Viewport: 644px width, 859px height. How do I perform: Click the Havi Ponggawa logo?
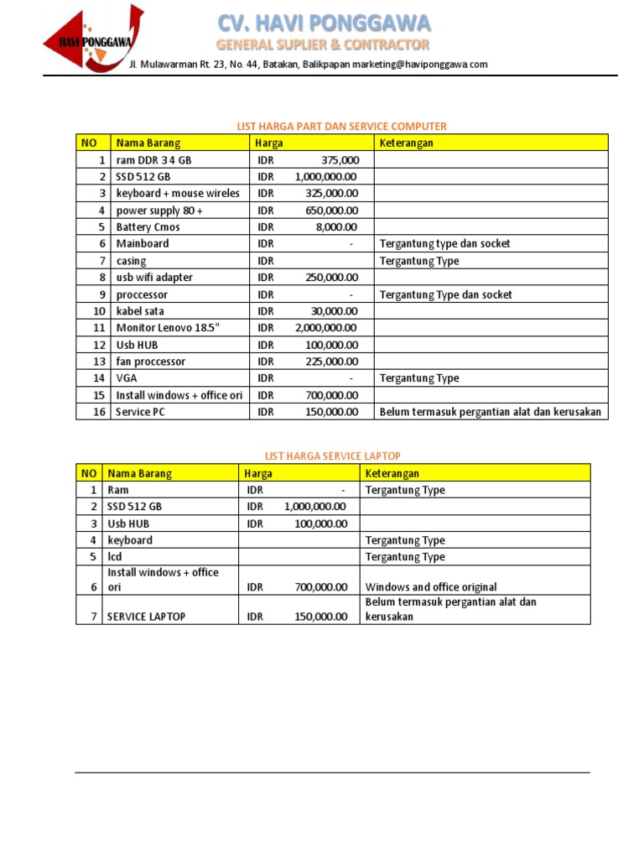93,39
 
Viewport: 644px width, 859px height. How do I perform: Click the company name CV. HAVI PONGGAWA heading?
324,23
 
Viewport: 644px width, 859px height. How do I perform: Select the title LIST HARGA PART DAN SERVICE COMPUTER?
342,126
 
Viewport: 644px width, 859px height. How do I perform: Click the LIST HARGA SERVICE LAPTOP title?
333,456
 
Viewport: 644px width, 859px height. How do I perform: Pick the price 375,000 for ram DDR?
340,160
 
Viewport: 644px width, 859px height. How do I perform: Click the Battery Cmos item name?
148,227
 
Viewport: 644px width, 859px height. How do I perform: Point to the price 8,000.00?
337,227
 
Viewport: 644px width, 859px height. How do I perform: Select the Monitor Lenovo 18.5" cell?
167,328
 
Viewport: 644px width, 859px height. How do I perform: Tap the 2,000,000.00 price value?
326,328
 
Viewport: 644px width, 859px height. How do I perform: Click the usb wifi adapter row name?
154,278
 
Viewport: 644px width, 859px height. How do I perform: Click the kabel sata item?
140,311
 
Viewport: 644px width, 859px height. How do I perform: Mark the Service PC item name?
141,412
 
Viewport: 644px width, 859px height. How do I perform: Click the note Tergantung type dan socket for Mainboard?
444,244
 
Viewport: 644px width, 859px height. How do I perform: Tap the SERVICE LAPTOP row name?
146,617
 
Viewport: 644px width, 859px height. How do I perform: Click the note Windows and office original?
431,587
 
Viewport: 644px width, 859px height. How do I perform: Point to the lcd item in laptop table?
115,557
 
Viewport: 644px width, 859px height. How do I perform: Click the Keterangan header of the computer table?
406,143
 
